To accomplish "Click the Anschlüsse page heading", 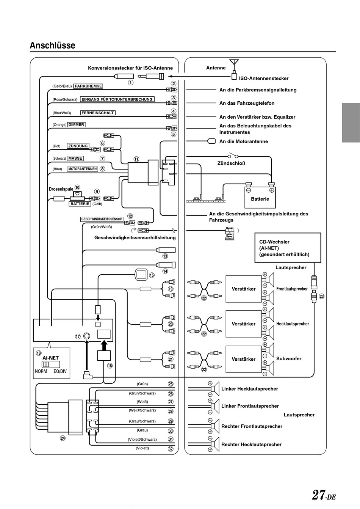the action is pyautogui.click(x=52, y=45).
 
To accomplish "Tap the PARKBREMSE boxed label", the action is pyautogui.click(x=88, y=86).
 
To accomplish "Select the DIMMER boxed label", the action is pyautogui.click(x=76, y=124).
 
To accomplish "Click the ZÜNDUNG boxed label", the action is pyautogui.click(x=78, y=146).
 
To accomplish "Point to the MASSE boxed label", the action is pyautogui.click(x=75, y=159).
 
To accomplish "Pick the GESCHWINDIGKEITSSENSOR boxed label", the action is pyautogui.click(x=102, y=219).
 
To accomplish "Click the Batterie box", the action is pyautogui.click(x=260, y=197).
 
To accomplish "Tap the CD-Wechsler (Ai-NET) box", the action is pyautogui.click(x=288, y=248).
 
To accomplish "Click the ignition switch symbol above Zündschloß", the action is pyautogui.click(x=233, y=156).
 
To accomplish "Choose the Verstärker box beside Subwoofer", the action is pyautogui.click(x=244, y=359).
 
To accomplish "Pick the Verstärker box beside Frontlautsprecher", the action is pyautogui.click(x=244, y=289).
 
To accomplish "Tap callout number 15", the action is pyautogui.click(x=152, y=275).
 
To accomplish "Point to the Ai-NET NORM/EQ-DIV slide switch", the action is pyautogui.click(x=51, y=364).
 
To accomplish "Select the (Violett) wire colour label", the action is pyautogui.click(x=142, y=448).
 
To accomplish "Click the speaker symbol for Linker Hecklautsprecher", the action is pyautogui.click(x=215, y=389).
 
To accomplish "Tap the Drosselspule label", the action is pyautogui.click(x=61, y=189).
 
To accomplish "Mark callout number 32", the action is pyautogui.click(x=171, y=449).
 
